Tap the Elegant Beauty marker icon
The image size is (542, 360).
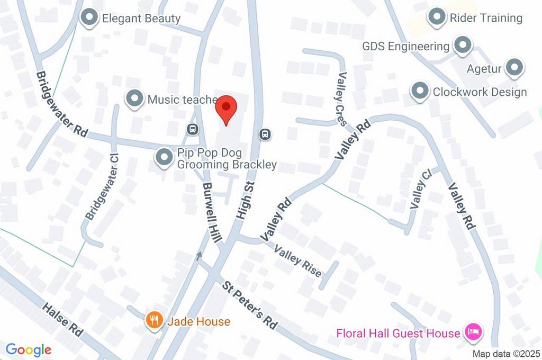89,18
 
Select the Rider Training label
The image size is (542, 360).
486,18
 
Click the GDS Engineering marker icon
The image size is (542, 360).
463,46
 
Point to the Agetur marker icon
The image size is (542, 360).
514,68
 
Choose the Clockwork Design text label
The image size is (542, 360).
480,92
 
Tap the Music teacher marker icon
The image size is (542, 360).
135,98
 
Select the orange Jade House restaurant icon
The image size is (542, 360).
154,321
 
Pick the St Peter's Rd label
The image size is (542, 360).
250,305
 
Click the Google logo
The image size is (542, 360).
29,349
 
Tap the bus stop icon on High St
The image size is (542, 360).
265,134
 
